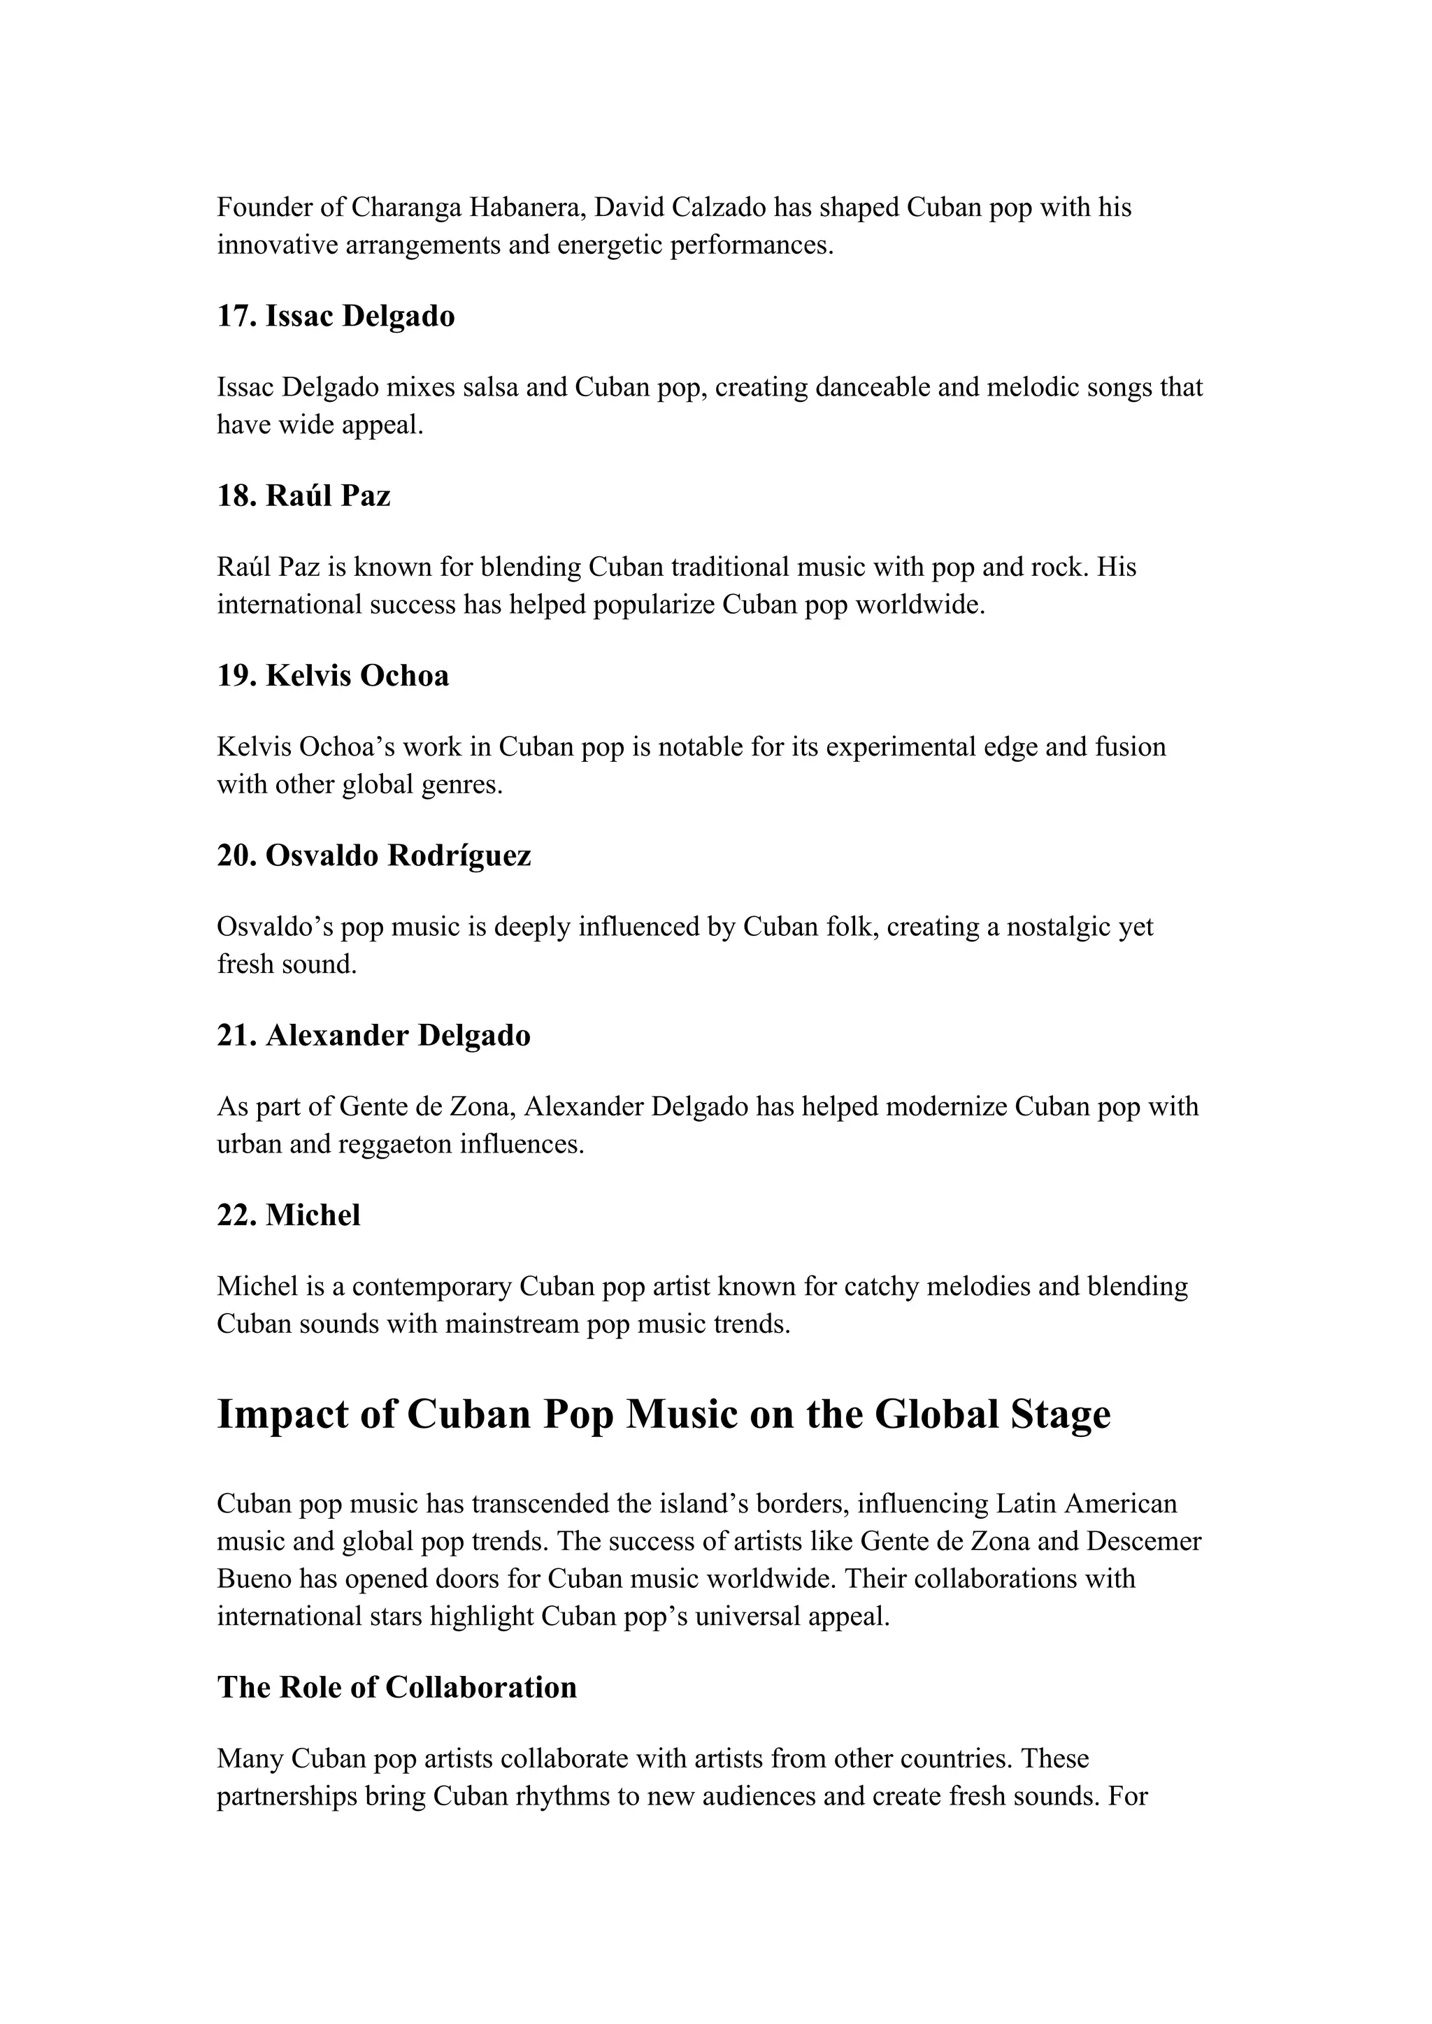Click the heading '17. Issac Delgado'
pyautogui.click(x=336, y=316)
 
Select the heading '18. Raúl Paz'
pyautogui.click(x=303, y=496)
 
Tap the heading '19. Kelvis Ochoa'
pyautogui.click(x=332, y=675)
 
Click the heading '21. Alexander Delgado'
pyautogui.click(x=374, y=1035)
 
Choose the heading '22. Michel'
pyautogui.click(x=288, y=1215)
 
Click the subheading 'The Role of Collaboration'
pyautogui.click(x=396, y=1686)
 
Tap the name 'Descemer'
pyautogui.click(x=1144, y=1540)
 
